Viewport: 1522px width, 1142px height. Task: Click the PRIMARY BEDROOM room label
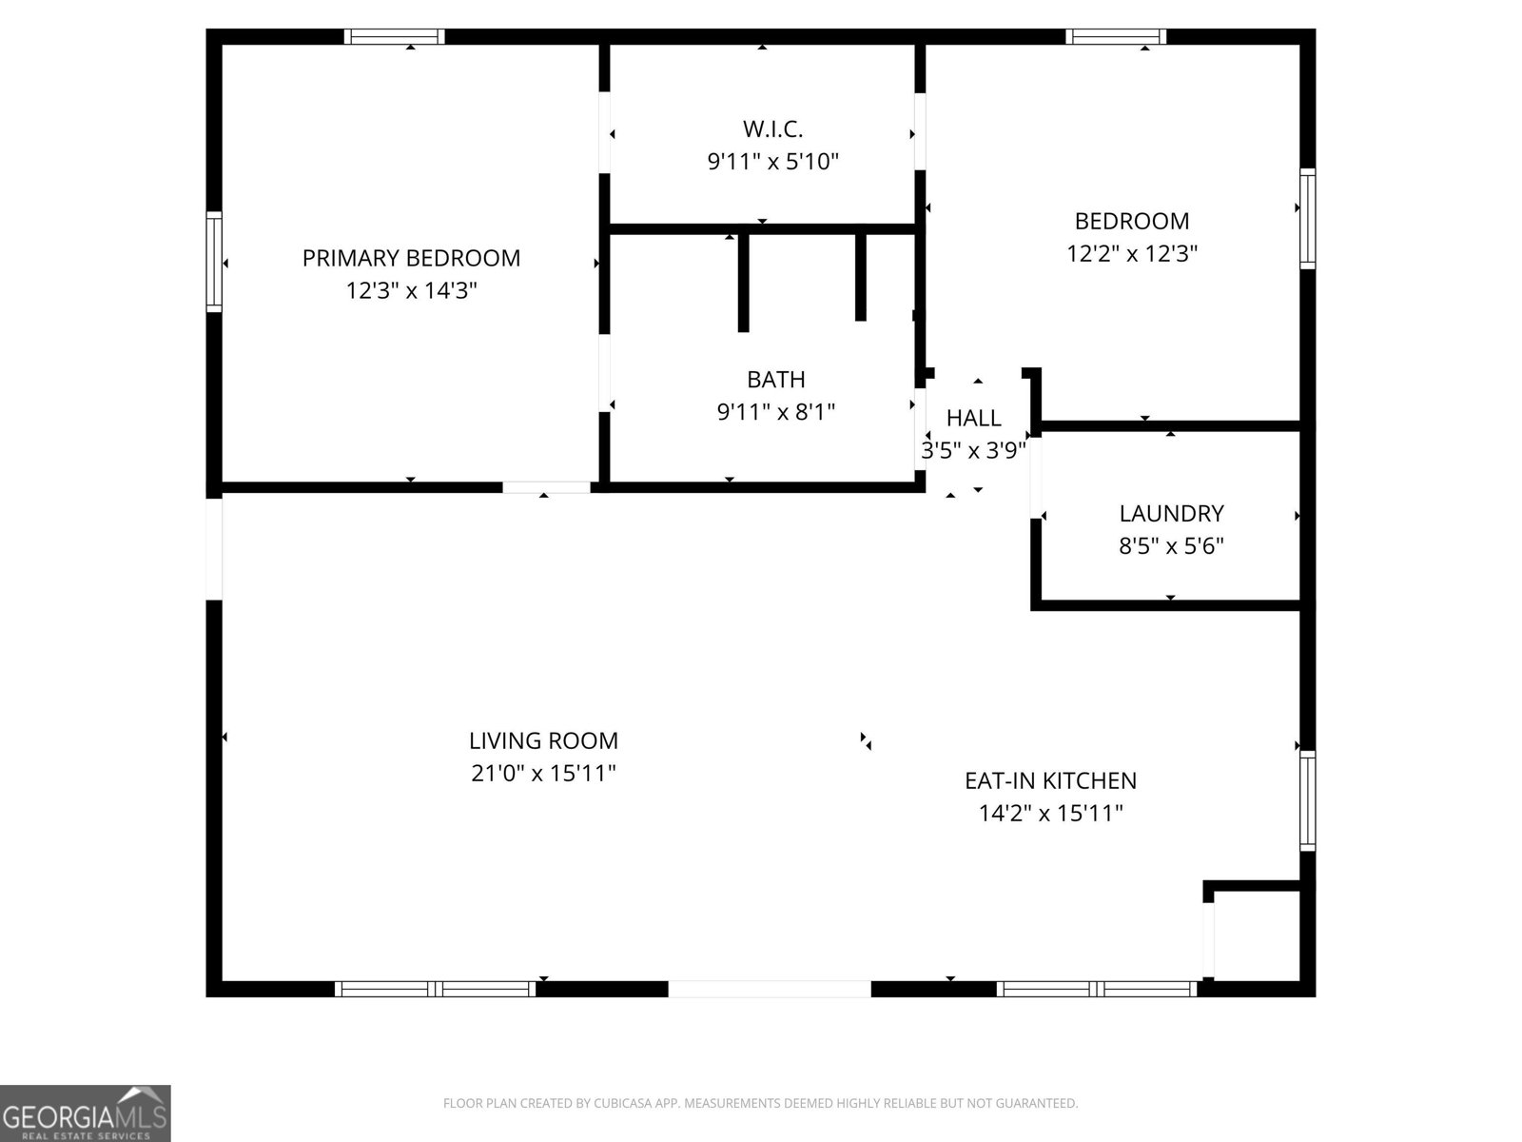[411, 258]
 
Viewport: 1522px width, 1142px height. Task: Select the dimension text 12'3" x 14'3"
[411, 290]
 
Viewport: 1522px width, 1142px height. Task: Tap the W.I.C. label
[772, 128]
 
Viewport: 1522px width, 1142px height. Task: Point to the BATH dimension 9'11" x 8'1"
[775, 412]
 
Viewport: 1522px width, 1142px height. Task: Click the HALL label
[973, 418]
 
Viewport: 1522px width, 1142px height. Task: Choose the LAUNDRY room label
[1171, 514]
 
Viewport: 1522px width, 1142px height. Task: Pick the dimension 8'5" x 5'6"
[1171, 546]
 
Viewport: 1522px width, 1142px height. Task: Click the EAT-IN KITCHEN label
[1050, 780]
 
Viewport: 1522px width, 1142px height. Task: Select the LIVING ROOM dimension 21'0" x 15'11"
[543, 773]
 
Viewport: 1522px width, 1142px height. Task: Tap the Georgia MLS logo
[85, 1112]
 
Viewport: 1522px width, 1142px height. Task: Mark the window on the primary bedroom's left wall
[214, 262]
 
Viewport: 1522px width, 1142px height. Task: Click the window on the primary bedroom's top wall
[394, 37]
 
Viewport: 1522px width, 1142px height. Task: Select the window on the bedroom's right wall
[1308, 219]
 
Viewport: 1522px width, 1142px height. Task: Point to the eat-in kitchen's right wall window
[1308, 799]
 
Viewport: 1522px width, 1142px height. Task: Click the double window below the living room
[436, 989]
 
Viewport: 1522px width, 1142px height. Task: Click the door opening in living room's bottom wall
[769, 989]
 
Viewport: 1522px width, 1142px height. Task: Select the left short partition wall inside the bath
[743, 282]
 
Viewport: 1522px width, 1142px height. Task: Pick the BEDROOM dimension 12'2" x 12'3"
[1131, 254]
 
